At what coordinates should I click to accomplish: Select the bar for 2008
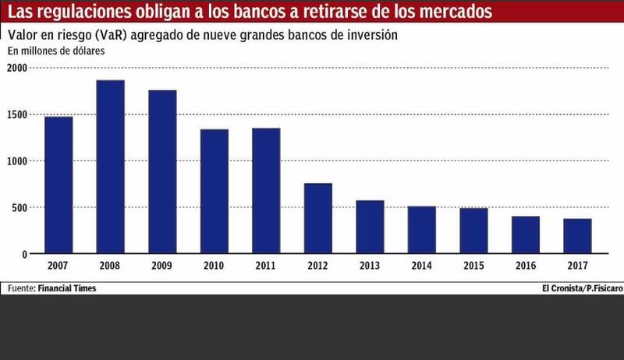(x=111, y=167)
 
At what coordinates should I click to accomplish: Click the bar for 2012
(x=318, y=218)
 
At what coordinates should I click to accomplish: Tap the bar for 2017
(x=577, y=236)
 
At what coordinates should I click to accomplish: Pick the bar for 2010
(x=214, y=191)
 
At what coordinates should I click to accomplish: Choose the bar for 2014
(x=422, y=230)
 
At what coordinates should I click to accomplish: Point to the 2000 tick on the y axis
(x=17, y=68)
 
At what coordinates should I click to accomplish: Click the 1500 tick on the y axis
(x=17, y=115)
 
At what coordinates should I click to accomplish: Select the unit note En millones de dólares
(x=56, y=51)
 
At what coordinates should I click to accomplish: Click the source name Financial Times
(x=71, y=288)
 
